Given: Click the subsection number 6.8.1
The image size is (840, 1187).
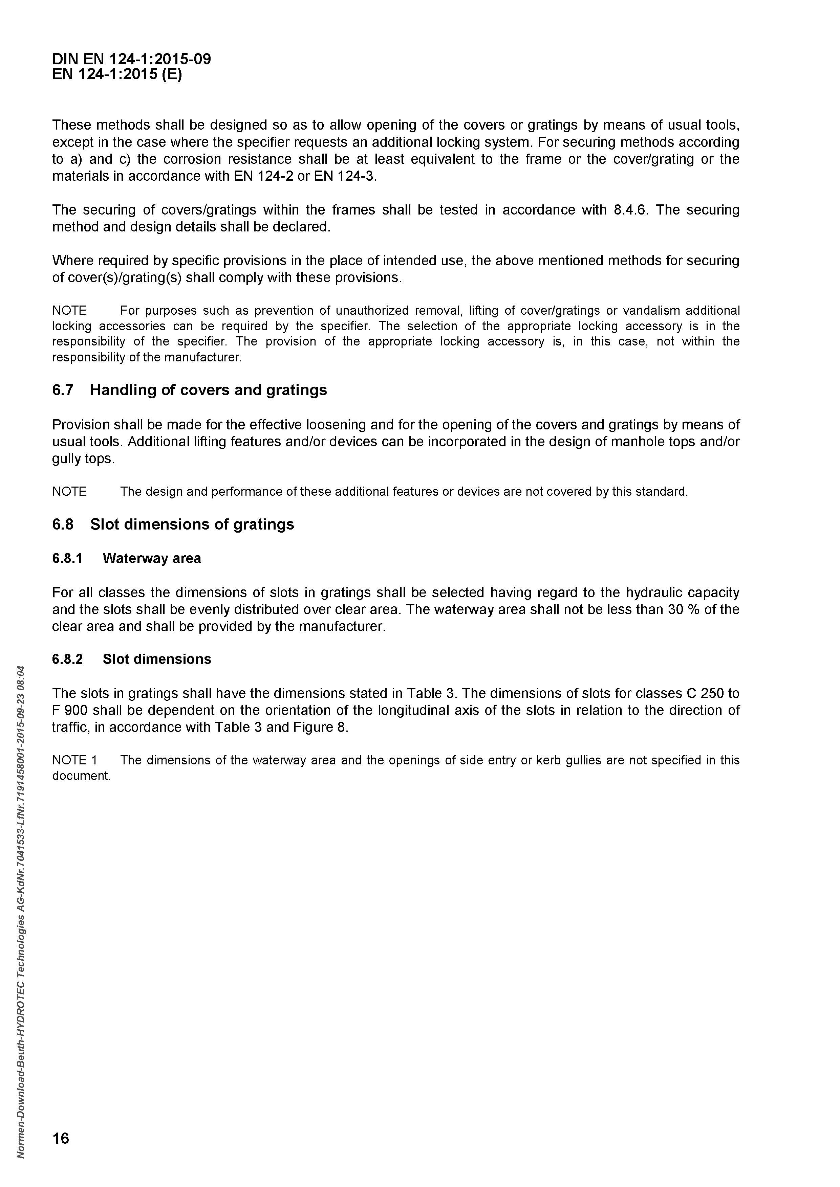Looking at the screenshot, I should pyautogui.click(x=67, y=558).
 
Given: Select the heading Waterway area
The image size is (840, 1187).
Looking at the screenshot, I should pyautogui.click(x=152, y=558).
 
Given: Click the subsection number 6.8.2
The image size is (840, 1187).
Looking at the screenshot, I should pyautogui.click(x=67, y=659).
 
